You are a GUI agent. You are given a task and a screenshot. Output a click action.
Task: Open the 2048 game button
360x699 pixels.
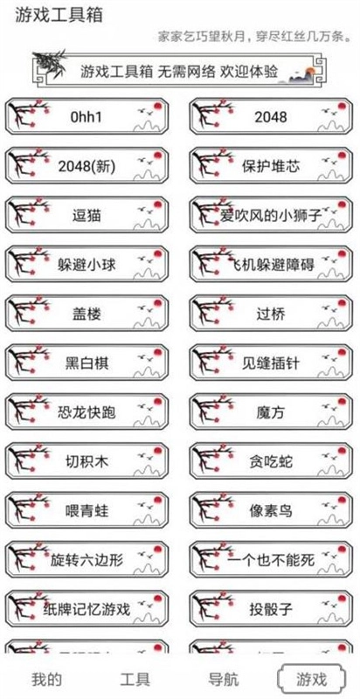270,116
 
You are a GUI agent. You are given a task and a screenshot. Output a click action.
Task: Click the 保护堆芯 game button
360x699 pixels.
270,165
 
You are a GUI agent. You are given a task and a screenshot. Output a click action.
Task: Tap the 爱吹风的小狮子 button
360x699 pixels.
270,214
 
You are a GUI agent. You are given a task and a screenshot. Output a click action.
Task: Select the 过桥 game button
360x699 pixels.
270,313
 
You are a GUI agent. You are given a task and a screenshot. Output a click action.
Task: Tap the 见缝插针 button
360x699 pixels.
270,363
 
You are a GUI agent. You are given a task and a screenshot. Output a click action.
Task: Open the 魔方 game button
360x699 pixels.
270,412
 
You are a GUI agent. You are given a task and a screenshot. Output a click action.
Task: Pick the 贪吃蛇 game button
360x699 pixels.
270,460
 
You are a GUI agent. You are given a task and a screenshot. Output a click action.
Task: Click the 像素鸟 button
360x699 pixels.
270,510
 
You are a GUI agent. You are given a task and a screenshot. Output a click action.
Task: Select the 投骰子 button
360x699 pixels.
270,608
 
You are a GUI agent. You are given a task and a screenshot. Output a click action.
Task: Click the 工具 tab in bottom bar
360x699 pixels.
135,679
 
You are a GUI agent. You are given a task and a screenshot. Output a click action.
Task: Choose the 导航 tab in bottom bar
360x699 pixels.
224,679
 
